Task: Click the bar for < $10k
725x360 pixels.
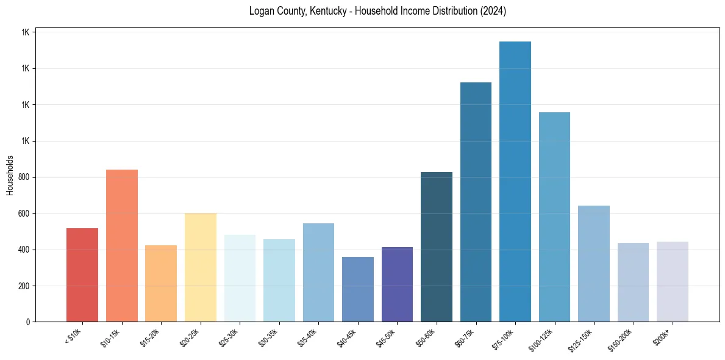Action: tap(82, 275)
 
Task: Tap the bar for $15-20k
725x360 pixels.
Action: tap(161, 284)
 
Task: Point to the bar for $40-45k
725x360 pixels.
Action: tap(358, 289)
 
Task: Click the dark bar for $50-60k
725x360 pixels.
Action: tap(437, 247)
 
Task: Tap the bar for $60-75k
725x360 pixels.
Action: tap(476, 202)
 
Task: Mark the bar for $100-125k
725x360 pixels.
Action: tap(554, 217)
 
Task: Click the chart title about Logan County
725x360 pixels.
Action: tap(377, 12)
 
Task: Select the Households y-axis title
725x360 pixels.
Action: tap(10, 175)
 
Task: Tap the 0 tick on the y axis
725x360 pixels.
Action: tap(28, 322)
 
